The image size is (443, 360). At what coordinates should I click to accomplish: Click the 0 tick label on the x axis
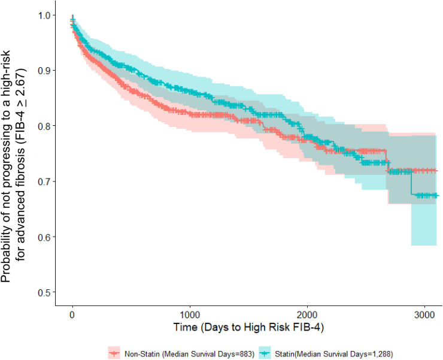click(x=72, y=314)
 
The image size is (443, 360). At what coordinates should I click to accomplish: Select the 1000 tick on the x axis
click(x=190, y=314)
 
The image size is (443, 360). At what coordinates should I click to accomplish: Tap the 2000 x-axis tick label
click(x=307, y=314)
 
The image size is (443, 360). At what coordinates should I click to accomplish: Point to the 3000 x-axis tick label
click(x=424, y=314)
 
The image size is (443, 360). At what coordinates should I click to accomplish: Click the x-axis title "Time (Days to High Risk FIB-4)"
click(x=248, y=327)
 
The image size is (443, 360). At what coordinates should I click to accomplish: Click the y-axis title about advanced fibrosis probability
click(x=13, y=166)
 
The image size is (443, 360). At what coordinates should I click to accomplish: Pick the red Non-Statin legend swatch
click(x=114, y=353)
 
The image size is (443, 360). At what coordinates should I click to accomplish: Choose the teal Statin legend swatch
click(x=265, y=353)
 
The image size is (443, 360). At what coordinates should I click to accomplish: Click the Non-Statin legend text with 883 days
click(x=190, y=354)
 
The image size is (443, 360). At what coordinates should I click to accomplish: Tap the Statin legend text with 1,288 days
click(x=334, y=354)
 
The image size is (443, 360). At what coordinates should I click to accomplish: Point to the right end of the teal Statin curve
click(x=439, y=195)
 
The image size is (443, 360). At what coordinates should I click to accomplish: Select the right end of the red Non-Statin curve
click(x=438, y=171)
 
